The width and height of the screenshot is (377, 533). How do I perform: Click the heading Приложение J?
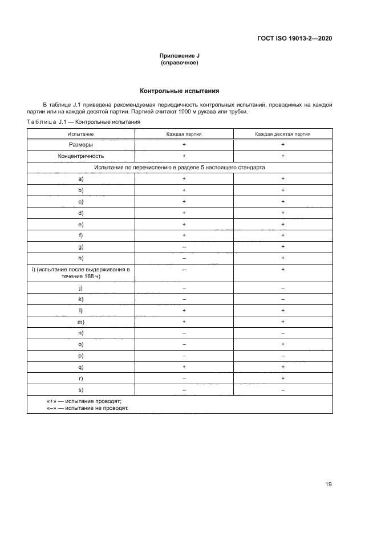coord(180,56)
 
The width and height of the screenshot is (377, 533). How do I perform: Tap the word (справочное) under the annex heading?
coord(180,63)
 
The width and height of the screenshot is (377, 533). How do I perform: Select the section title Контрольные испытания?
coord(180,91)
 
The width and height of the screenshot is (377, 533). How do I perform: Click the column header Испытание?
coord(80,134)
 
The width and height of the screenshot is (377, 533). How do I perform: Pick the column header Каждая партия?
coord(184,134)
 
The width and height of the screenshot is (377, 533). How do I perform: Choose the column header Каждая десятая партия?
coord(283,134)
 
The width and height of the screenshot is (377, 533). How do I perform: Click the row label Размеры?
coord(80,145)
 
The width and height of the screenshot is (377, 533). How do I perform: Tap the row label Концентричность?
coord(80,156)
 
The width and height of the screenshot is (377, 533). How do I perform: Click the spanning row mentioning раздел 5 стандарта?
coord(180,168)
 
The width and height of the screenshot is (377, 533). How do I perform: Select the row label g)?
coord(80,246)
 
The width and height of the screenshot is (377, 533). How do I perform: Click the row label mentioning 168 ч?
coord(80,272)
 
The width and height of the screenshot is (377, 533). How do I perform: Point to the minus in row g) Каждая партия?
coord(184,246)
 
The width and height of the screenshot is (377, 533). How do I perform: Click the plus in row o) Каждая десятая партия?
coord(283,344)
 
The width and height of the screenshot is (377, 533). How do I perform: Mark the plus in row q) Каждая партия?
coord(184,367)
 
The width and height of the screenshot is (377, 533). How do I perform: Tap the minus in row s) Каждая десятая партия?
coord(283,389)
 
